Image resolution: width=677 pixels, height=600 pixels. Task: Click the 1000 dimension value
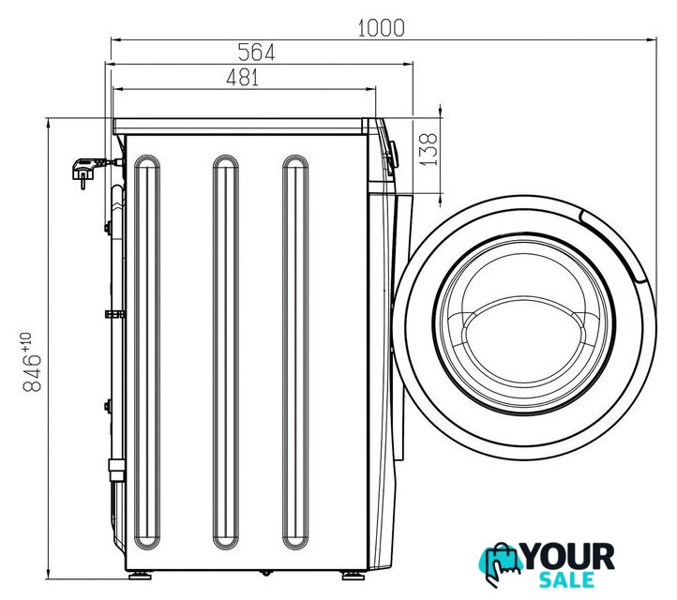(382, 28)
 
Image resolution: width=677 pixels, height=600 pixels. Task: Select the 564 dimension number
(257, 52)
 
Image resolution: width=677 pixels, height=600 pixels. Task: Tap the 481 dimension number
(243, 78)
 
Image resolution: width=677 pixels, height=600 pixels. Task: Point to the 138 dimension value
(429, 149)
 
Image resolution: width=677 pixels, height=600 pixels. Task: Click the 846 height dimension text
(32, 373)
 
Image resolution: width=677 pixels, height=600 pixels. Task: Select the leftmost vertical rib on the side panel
(147, 352)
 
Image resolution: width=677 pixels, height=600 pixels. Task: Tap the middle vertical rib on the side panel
(226, 352)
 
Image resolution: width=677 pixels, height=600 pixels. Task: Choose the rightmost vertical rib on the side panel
(295, 352)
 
